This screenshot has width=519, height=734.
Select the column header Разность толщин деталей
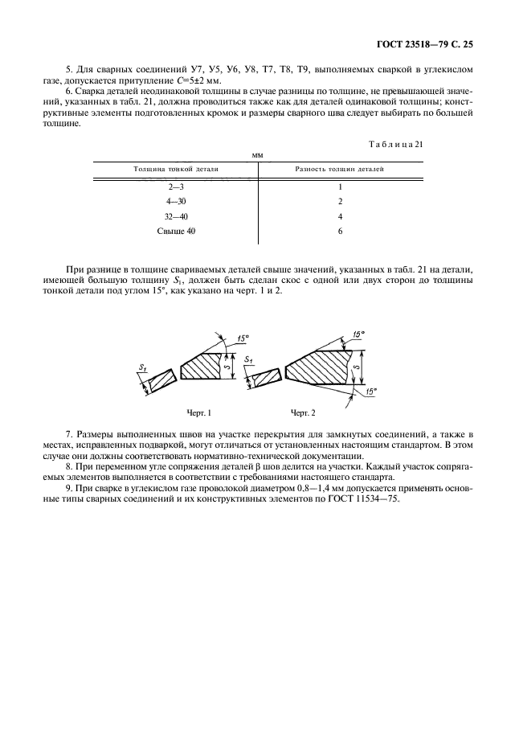coord(340,170)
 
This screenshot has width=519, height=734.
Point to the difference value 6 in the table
coord(341,232)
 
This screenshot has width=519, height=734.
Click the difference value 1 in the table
coord(341,187)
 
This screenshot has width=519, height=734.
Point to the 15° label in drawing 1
coord(244,338)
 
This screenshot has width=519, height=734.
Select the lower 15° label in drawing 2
coord(371,392)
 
